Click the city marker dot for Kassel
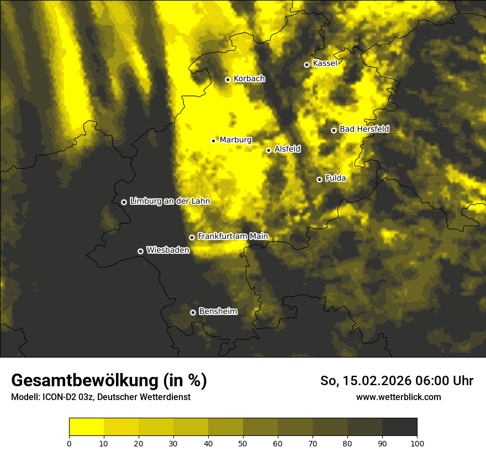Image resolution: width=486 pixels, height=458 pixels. click(x=307, y=65)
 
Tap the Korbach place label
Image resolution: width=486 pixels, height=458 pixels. click(x=249, y=79)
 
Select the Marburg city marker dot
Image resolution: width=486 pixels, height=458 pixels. click(x=214, y=141)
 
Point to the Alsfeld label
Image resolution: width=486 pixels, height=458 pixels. click(x=287, y=149)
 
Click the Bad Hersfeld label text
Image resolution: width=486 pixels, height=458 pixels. click(x=364, y=129)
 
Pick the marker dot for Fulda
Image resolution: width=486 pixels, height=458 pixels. click(x=319, y=179)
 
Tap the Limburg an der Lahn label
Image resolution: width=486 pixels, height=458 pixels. click(x=170, y=201)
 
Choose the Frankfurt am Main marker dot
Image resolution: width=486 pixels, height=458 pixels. click(x=192, y=237)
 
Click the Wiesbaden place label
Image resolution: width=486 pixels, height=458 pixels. click(x=167, y=250)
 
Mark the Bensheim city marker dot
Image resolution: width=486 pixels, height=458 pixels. click(x=193, y=312)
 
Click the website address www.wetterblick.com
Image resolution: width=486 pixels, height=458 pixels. click(x=398, y=397)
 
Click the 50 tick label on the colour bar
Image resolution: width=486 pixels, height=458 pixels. click(x=243, y=443)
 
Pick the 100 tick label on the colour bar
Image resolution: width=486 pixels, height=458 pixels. click(x=417, y=443)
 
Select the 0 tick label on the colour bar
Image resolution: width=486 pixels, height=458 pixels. click(x=69, y=443)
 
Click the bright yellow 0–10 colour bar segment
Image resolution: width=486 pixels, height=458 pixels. click(x=86, y=427)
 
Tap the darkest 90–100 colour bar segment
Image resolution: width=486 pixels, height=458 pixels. click(x=399, y=427)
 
